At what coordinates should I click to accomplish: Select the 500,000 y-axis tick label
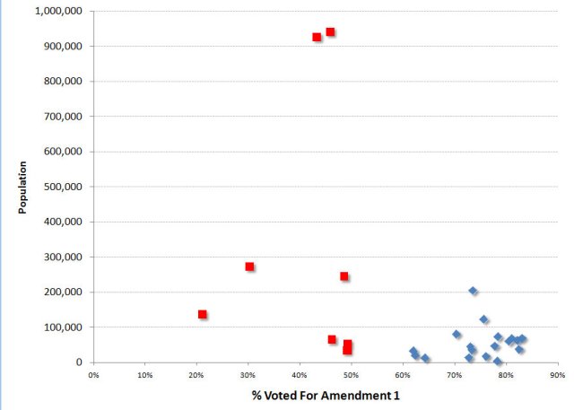point(65,187)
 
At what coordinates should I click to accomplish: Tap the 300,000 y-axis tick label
point(65,257)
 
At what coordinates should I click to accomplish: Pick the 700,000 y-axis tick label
point(65,117)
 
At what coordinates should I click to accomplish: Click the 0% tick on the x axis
point(93,375)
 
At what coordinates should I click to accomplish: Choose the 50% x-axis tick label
point(351,375)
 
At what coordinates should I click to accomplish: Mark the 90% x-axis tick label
point(556,375)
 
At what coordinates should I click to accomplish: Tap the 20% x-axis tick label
point(196,375)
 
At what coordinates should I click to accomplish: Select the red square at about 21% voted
point(203,314)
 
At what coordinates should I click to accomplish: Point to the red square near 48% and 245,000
point(344,276)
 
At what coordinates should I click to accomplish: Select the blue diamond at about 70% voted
point(457,335)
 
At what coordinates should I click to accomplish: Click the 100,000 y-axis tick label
point(65,327)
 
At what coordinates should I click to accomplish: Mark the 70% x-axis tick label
point(454,375)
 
